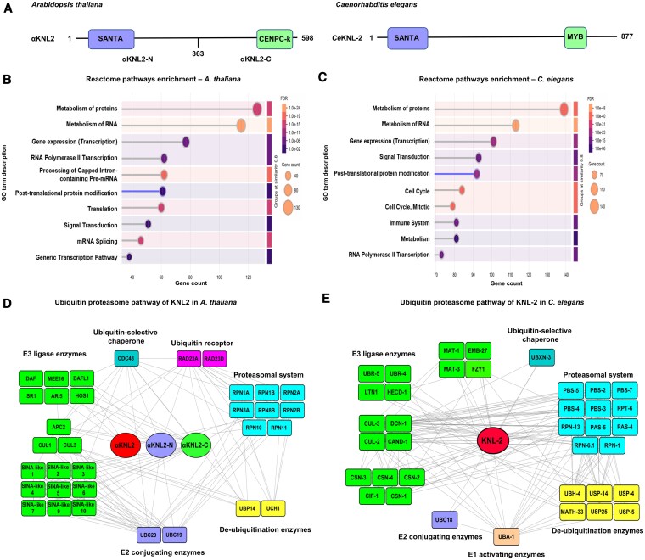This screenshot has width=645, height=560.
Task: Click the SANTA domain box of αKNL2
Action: [x=111, y=39]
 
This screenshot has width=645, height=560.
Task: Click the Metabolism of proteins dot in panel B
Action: [x=257, y=107]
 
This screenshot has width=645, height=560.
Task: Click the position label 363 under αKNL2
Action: [x=198, y=60]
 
